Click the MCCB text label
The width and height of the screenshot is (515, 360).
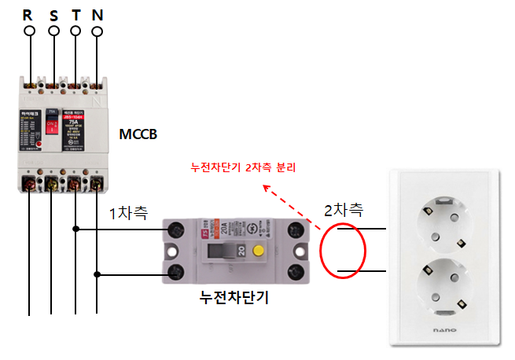pos(138,134)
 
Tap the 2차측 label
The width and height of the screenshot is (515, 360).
pos(344,210)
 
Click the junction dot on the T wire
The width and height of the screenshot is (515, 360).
pos(76,230)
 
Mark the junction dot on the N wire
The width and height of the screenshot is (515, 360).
pos(97,274)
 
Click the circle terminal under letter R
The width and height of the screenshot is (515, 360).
pos(30,31)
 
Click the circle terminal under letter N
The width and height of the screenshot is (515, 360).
pos(97,32)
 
